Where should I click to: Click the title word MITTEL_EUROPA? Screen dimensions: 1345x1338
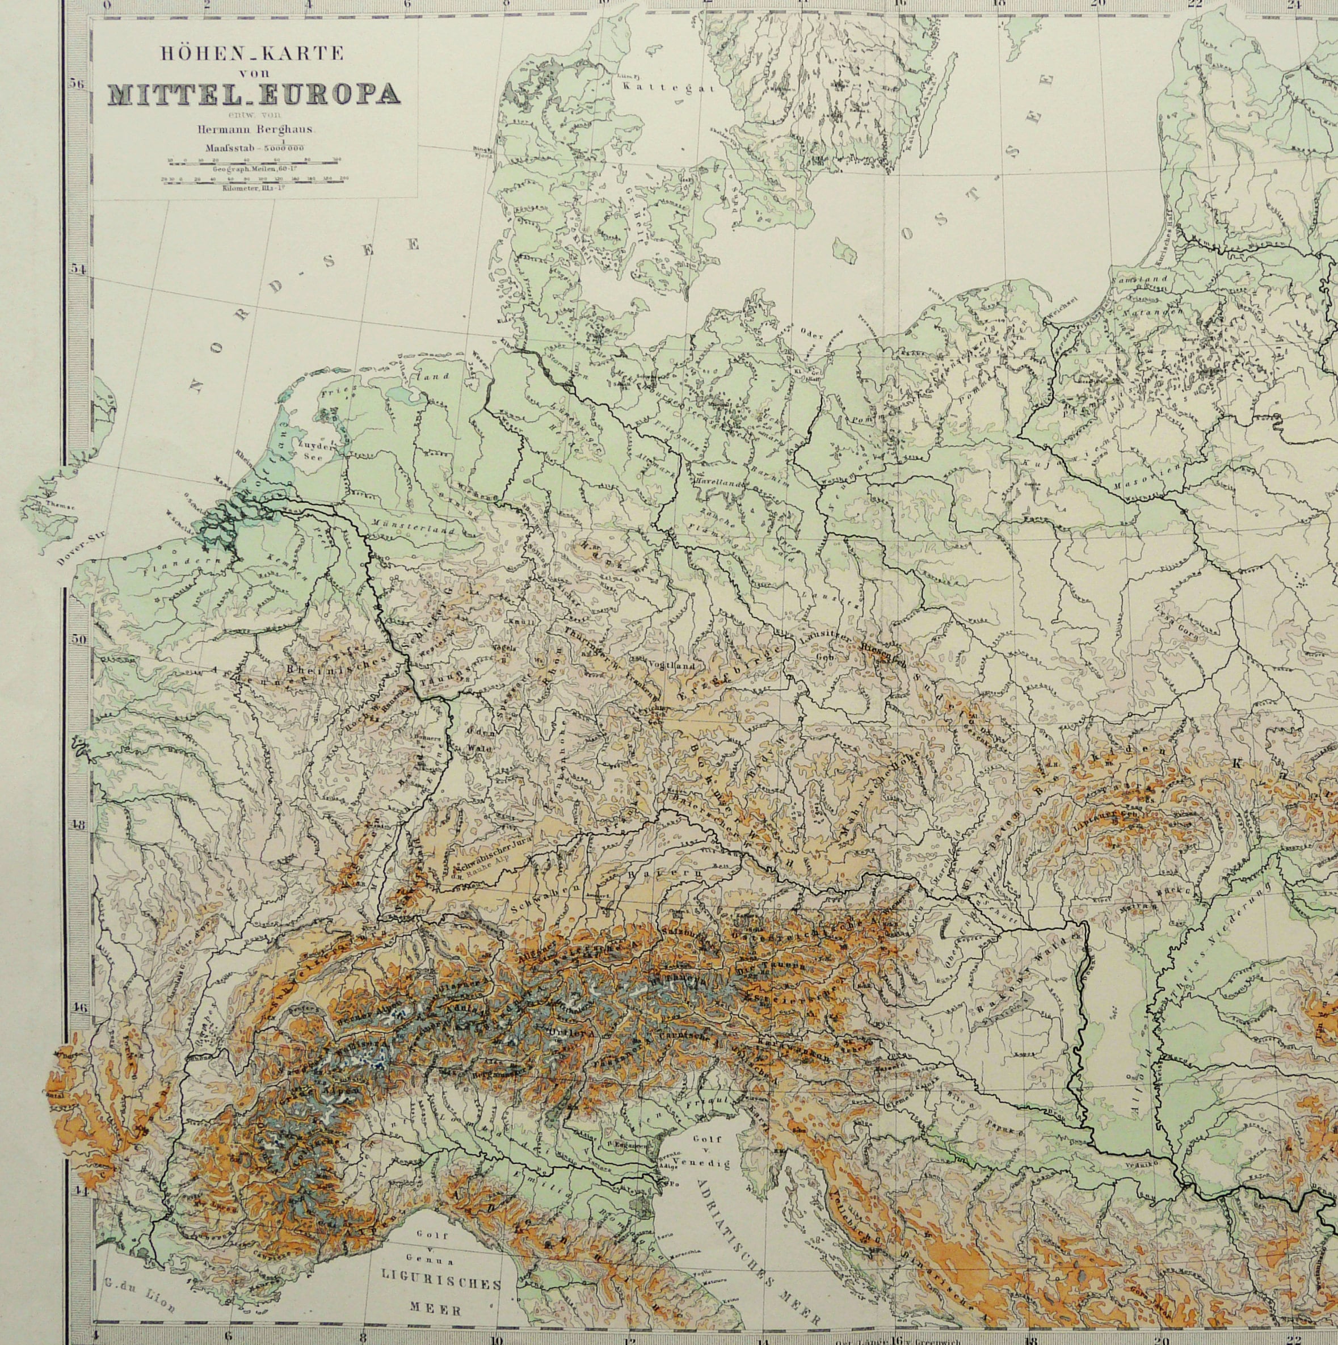254,94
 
